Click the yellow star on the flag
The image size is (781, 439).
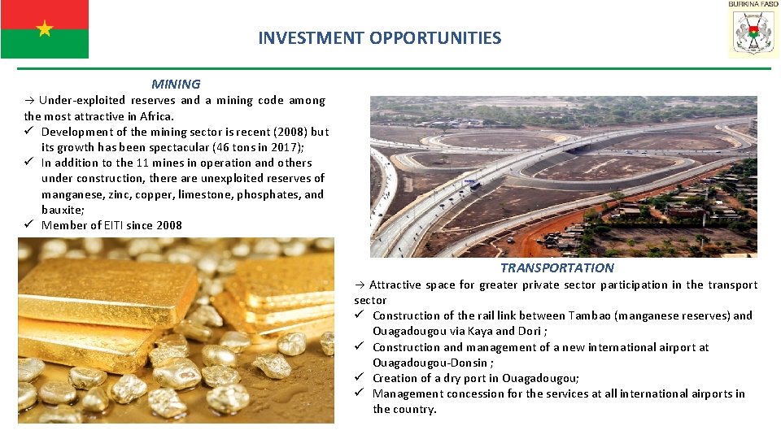click(x=45, y=29)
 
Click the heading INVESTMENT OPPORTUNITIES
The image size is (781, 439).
click(x=379, y=37)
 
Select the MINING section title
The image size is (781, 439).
click(x=176, y=84)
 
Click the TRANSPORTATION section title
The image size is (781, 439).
click(x=556, y=267)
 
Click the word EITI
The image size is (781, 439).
click(x=115, y=225)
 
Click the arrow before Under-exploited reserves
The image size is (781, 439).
click(x=28, y=101)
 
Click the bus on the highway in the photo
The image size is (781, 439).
click(x=475, y=186)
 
